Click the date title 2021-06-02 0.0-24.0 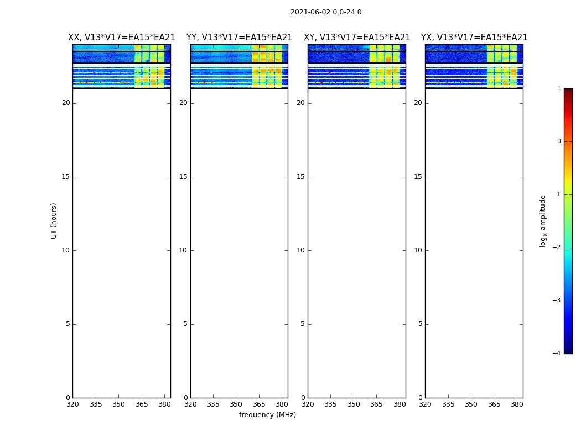click(x=326, y=12)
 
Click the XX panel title click(x=122, y=38)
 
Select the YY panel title click(x=239, y=38)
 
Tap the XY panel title click(x=357, y=38)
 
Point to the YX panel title click(x=474, y=38)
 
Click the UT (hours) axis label click(x=54, y=220)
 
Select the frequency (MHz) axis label click(x=267, y=415)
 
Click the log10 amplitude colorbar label click(x=543, y=220)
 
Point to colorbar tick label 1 click(x=559, y=88)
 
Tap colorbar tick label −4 click(x=557, y=354)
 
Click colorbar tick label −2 click(x=557, y=248)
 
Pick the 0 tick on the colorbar click(x=559, y=141)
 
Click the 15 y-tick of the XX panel click(x=66, y=177)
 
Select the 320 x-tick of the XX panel click(x=72, y=404)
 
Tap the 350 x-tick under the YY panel click(x=236, y=404)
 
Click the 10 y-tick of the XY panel click(x=300, y=250)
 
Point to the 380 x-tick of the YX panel click(x=517, y=404)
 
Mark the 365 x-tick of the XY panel click(x=377, y=404)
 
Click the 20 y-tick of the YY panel click(x=183, y=103)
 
